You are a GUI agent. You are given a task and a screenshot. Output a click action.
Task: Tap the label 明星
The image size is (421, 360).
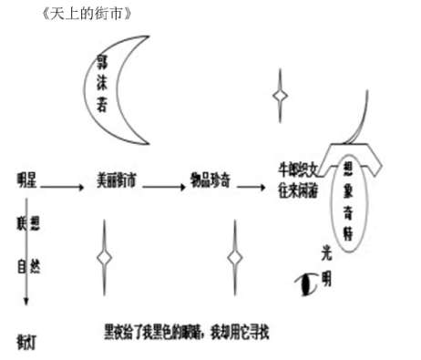point(26,180)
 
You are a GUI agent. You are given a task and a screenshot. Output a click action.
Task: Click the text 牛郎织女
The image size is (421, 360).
point(299,169)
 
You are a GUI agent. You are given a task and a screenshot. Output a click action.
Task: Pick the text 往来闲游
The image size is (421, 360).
point(299,190)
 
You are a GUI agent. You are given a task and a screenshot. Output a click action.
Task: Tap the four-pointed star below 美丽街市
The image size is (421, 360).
point(106,258)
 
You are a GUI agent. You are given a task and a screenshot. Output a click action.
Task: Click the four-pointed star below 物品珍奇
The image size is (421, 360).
point(235,258)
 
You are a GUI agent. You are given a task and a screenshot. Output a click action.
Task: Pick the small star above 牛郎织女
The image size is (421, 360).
point(280,94)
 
